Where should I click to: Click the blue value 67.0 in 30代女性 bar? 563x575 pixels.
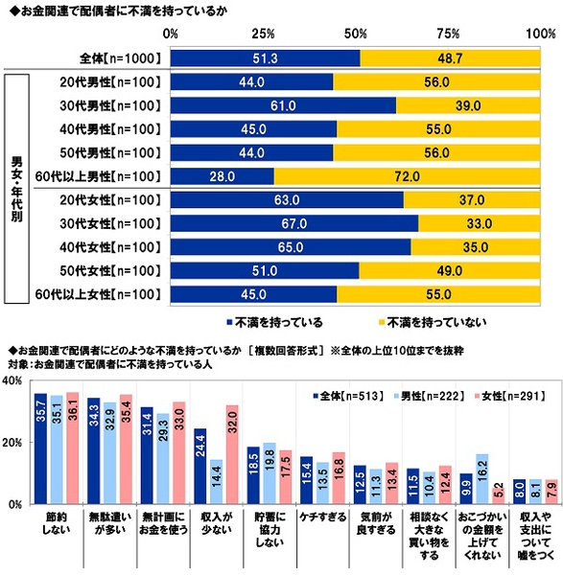pyautogui.click(x=294, y=223)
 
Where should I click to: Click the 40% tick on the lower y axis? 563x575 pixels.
pyautogui.click(x=14, y=381)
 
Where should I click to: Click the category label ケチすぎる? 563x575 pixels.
pyautogui.click(x=322, y=517)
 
